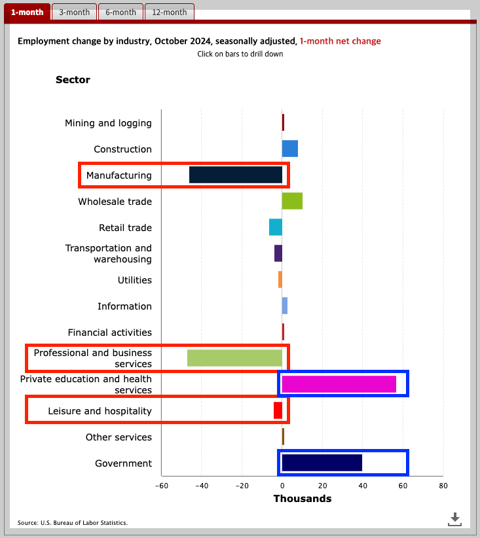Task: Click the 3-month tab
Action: coord(74,12)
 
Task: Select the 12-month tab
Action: coord(169,12)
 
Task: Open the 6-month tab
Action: coord(121,12)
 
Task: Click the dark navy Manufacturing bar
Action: coord(236,175)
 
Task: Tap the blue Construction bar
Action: coord(290,149)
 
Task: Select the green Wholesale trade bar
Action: coord(292,201)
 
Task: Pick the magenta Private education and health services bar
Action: coord(339,384)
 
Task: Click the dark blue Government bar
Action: coord(322,463)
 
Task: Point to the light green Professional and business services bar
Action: coord(234,358)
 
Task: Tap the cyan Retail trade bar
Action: coord(276,227)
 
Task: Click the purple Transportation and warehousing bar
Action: coord(278,253)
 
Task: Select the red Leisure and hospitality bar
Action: coord(278,410)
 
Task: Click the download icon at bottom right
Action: coord(455,519)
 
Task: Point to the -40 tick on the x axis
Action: coord(201,486)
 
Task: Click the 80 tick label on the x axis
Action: coord(443,486)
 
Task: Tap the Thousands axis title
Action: coord(303,499)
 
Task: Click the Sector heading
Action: coord(73,80)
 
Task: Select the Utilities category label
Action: coord(135,280)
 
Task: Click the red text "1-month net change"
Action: coord(340,41)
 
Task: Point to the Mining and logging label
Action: coord(108,123)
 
